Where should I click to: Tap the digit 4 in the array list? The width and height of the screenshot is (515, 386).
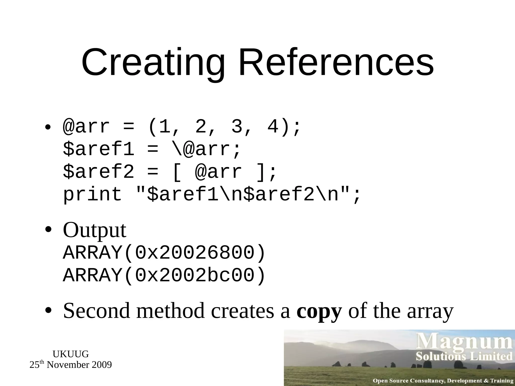(273, 127)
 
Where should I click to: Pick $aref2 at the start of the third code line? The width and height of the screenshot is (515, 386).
(98, 172)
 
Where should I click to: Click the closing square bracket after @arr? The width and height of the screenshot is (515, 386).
(260, 172)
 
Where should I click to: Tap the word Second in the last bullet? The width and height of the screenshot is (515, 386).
(97, 311)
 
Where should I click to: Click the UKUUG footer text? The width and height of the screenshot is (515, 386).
(71, 354)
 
